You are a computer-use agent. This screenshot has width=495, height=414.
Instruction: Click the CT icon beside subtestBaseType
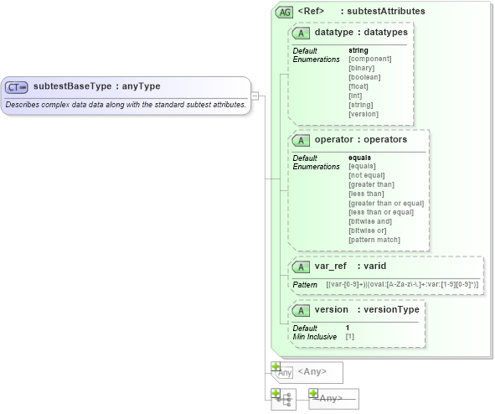tap(17, 87)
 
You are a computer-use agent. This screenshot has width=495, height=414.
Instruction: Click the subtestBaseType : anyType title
tap(96, 86)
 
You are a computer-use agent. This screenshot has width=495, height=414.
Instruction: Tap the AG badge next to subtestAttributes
tap(285, 13)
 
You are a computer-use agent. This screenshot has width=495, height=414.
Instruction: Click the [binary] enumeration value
tap(364, 68)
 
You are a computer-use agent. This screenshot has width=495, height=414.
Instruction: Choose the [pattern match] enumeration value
tap(374, 241)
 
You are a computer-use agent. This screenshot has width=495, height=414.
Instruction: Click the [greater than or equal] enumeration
tap(386, 203)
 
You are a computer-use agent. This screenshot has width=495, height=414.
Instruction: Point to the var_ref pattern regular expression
tap(402, 286)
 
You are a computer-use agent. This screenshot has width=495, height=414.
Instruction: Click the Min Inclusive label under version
tap(315, 337)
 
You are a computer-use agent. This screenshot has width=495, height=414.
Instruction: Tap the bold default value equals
tap(360, 157)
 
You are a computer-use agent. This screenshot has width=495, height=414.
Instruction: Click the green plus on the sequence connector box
tap(275, 392)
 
